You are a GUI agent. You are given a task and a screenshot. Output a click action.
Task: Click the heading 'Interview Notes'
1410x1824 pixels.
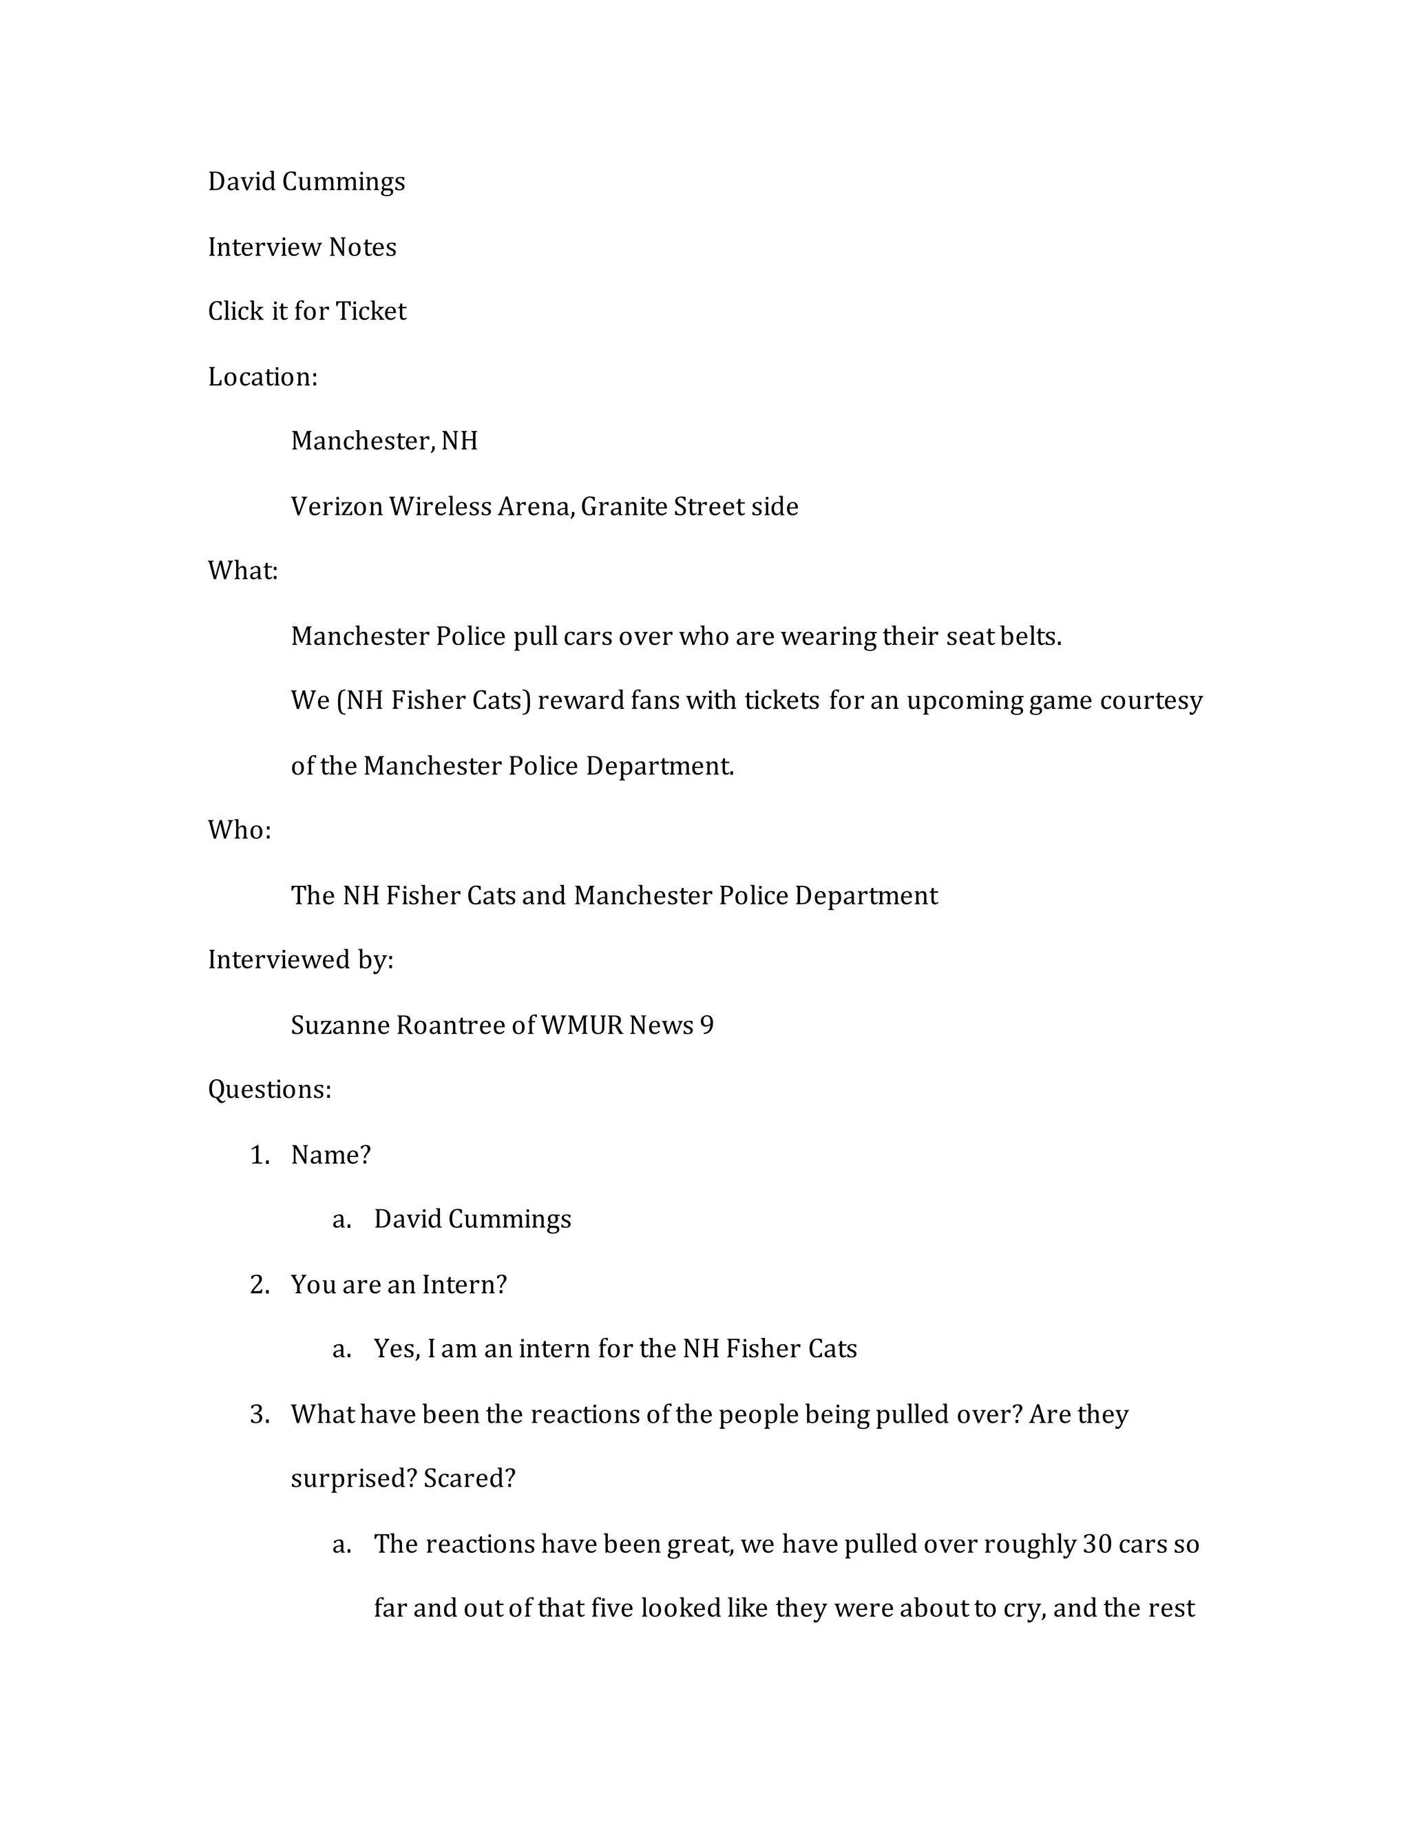click(x=302, y=247)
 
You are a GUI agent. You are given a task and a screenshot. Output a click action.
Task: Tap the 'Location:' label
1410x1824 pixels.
click(x=262, y=377)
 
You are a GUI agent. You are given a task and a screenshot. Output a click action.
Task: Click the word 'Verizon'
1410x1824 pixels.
click(x=336, y=507)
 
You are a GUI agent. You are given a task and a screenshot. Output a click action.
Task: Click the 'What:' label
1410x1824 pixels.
click(x=242, y=571)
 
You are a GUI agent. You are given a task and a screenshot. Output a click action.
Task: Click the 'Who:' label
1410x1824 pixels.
click(x=239, y=830)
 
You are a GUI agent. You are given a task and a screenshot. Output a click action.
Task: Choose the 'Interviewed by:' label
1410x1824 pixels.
click(x=300, y=960)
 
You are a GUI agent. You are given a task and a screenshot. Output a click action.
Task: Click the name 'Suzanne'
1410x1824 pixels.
click(x=339, y=1026)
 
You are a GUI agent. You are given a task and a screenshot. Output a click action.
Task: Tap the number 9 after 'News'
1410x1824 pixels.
click(x=706, y=1026)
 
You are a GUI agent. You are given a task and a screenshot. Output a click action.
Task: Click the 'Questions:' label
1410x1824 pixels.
click(x=269, y=1090)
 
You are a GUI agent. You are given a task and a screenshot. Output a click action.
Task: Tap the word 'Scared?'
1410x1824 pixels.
click(x=469, y=1479)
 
